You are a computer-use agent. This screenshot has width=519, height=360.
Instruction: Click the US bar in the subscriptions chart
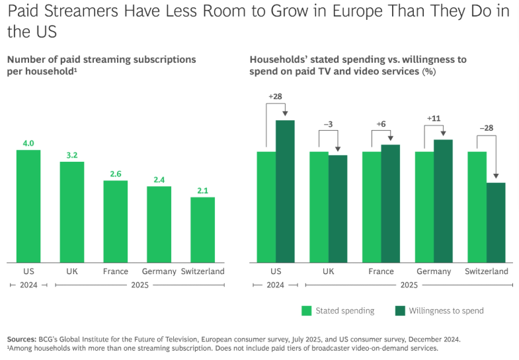coord(28,206)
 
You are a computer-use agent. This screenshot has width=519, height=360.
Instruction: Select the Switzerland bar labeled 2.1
coord(203,229)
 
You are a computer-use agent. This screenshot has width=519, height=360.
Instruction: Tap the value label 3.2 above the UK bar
coord(72,155)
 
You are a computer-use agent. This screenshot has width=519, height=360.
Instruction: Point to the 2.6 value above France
coord(115,174)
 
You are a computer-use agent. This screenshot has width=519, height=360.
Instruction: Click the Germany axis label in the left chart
coord(159,271)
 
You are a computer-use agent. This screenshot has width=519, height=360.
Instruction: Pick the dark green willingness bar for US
coord(285,191)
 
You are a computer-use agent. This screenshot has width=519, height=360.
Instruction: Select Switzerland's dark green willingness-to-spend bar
coord(496,222)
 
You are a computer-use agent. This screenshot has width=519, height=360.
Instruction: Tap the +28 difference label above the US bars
coord(276,96)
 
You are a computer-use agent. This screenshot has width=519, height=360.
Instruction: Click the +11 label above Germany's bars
coord(434,118)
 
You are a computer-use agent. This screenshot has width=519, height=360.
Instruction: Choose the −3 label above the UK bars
coord(328,124)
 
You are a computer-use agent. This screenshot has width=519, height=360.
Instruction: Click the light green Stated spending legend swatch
coord(306,310)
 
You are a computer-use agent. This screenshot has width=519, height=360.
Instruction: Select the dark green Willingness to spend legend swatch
coord(399,310)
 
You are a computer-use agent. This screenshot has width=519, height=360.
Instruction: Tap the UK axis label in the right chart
coord(328,271)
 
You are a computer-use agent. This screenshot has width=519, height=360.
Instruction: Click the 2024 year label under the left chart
coord(28,285)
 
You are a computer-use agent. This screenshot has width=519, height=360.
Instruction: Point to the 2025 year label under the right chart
coord(409,285)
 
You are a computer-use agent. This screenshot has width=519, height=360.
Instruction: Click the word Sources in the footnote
coord(22,339)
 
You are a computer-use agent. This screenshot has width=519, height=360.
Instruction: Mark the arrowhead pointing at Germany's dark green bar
coord(443,135)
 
